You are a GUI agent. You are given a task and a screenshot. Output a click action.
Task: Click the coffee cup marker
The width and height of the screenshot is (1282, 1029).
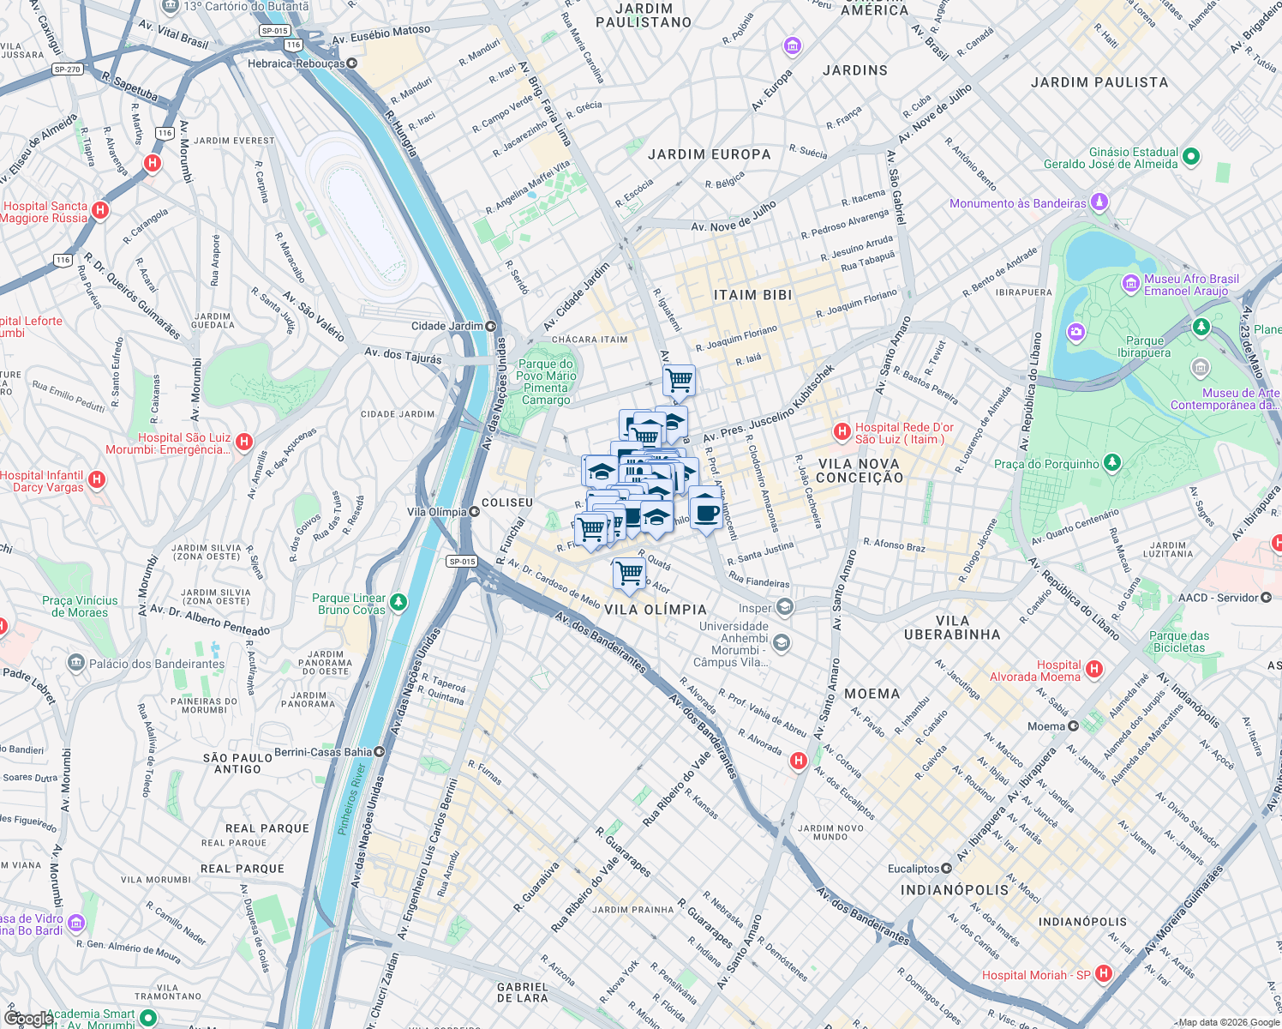tap(706, 512)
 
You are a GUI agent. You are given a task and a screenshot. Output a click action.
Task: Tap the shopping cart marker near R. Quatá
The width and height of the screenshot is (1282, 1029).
tap(629, 572)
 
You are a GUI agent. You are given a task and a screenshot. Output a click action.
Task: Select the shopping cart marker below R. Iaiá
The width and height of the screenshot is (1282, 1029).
tap(679, 379)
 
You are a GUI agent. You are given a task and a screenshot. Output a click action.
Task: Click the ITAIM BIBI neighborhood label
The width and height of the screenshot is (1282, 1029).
tap(752, 295)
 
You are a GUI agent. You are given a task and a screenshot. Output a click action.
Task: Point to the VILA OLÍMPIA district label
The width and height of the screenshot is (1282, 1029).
tap(656, 610)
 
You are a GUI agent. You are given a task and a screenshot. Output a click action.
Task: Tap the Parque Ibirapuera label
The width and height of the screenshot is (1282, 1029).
tap(1144, 346)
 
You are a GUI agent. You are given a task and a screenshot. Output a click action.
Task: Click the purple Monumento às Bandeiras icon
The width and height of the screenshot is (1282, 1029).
tap(1099, 202)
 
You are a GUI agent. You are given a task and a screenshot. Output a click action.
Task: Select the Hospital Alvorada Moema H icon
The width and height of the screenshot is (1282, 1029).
tap(1093, 668)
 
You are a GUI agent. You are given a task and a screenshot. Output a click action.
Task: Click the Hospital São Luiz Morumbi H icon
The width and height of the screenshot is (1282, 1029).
tap(244, 442)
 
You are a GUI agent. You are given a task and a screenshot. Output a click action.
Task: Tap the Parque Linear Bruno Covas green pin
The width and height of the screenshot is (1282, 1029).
tap(398, 603)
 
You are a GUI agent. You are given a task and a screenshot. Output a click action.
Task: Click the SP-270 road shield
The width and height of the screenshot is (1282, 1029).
tap(66, 69)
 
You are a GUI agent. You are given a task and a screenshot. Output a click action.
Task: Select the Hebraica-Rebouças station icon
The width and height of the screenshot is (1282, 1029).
tap(351, 63)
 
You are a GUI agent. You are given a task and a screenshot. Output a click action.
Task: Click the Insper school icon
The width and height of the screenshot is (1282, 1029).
tap(784, 608)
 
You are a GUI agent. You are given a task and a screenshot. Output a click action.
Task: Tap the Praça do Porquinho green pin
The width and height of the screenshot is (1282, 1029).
tap(1111, 463)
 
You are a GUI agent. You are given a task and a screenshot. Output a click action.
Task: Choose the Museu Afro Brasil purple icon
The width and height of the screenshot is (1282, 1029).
tap(1130, 283)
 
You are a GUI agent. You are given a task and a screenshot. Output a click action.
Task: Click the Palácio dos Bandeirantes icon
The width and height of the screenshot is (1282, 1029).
tap(76, 663)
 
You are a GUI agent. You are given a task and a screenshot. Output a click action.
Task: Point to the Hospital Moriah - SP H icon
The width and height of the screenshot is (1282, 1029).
tap(1104, 973)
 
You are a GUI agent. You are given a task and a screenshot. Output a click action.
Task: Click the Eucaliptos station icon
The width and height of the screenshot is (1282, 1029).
tap(946, 869)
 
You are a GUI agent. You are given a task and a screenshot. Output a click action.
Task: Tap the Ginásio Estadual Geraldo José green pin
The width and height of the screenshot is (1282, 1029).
tap(1191, 157)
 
